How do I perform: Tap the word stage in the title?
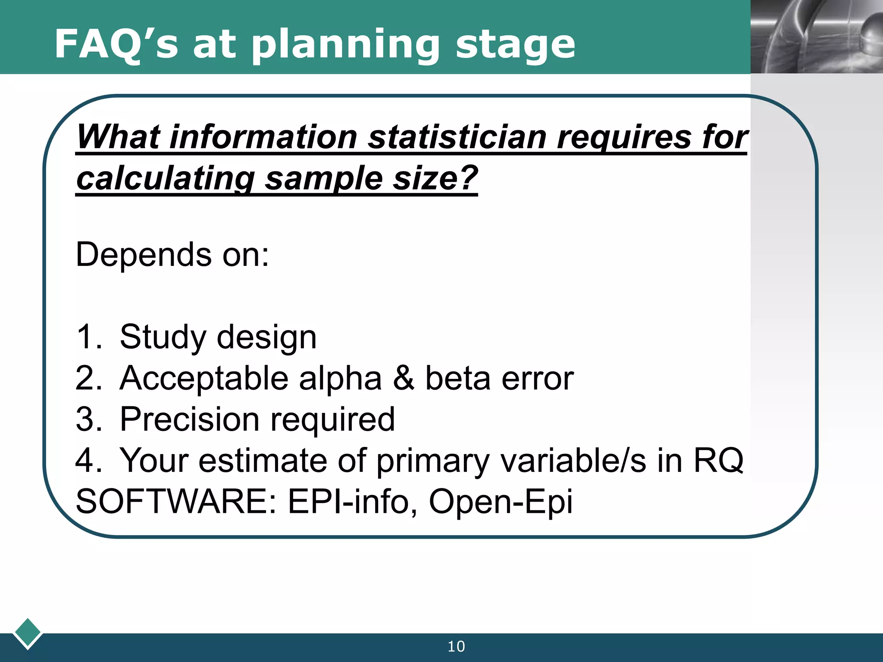click(x=515, y=45)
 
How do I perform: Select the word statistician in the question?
click(x=457, y=137)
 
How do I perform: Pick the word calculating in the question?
click(x=166, y=178)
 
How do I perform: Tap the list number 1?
click(x=86, y=337)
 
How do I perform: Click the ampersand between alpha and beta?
click(x=404, y=378)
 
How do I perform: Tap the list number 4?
click(x=86, y=460)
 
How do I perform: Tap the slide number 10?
click(x=456, y=646)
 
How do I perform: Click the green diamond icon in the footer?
click(x=28, y=633)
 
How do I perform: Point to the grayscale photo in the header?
click(x=817, y=37)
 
